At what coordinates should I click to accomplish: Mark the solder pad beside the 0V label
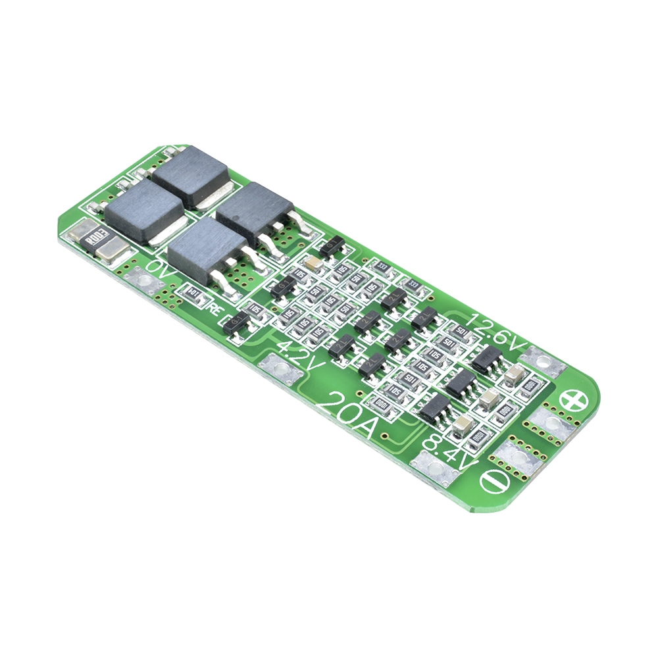tap(147, 282)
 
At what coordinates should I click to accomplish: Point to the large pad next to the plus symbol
tap(551, 424)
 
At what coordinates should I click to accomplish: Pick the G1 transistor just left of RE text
tap(239, 322)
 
